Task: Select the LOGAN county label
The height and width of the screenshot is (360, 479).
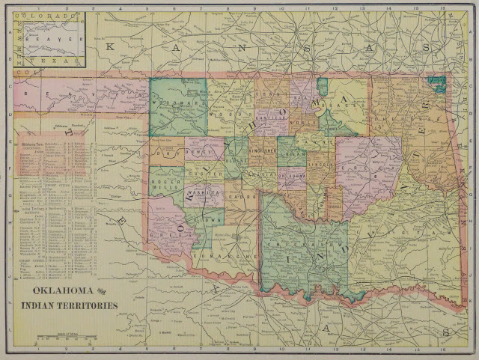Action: [293, 156]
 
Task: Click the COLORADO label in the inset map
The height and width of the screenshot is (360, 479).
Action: [48, 15]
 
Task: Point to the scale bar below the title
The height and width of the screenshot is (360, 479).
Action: [67, 338]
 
